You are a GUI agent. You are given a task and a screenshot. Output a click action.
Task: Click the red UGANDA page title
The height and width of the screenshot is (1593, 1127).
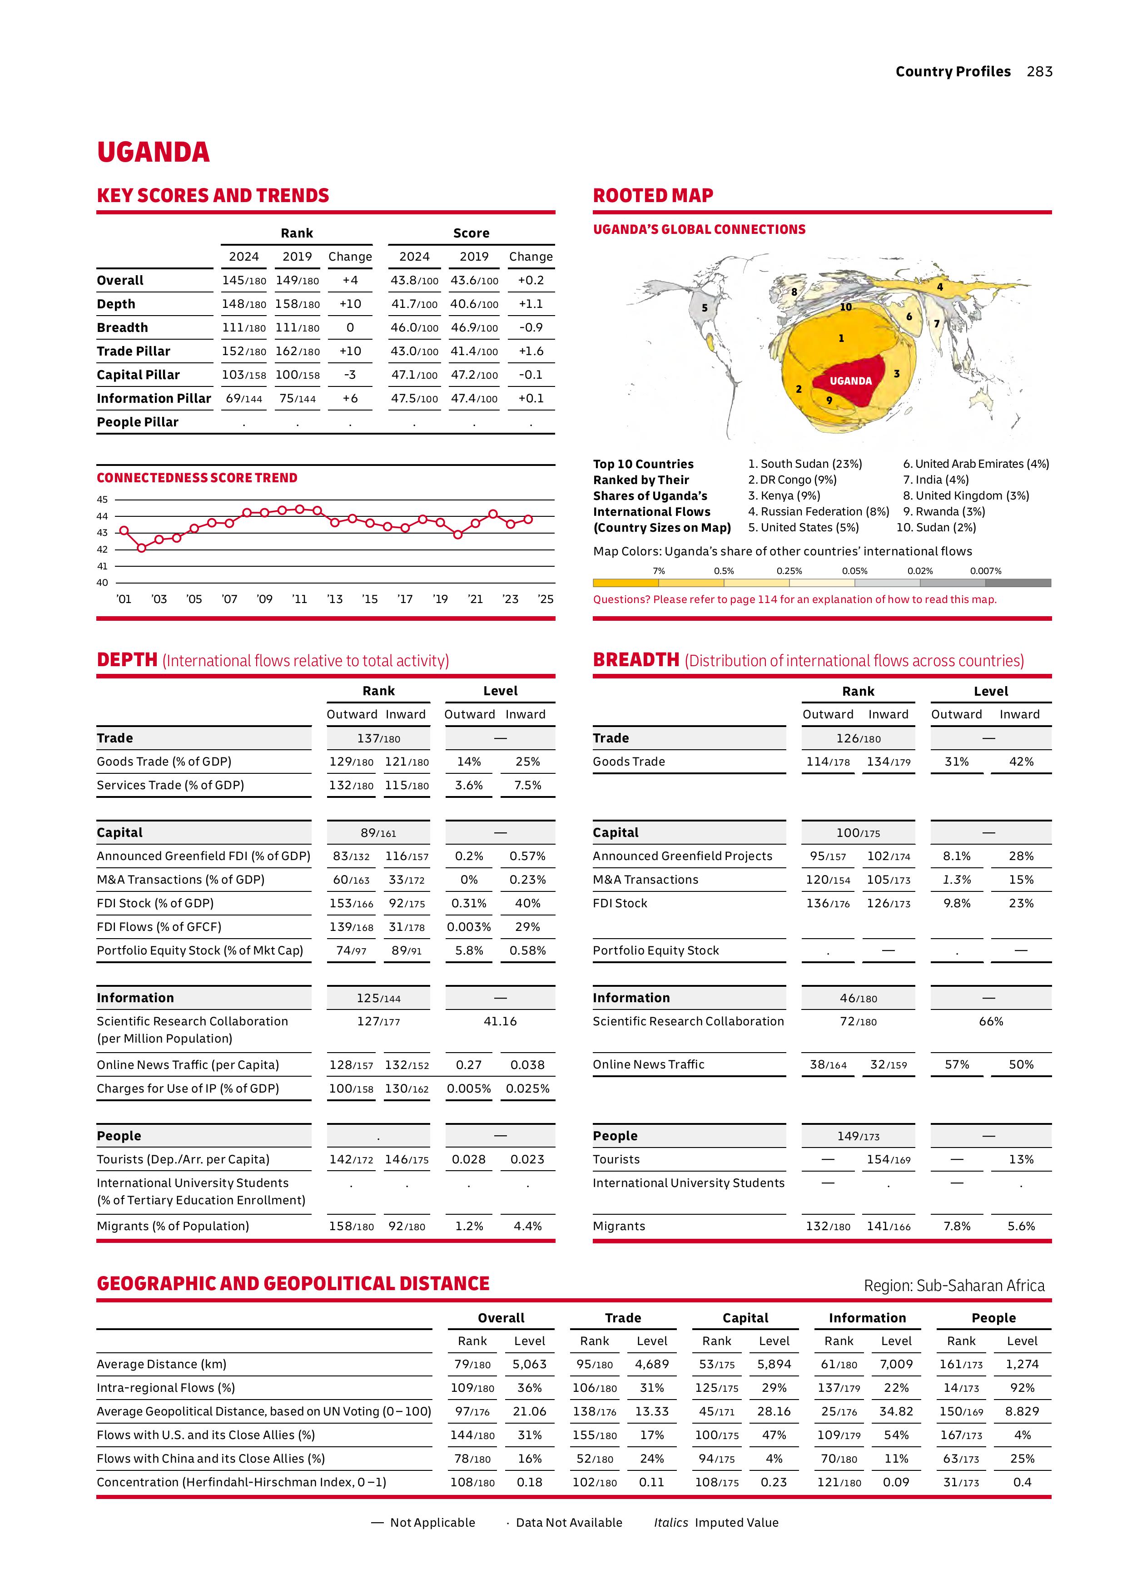click(154, 152)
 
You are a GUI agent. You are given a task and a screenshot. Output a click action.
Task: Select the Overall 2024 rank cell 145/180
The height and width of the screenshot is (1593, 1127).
click(243, 280)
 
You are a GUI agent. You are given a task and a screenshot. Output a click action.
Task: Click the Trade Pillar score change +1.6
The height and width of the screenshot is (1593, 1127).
click(531, 351)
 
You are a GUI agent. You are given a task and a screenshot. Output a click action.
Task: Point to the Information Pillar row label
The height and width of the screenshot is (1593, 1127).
click(154, 398)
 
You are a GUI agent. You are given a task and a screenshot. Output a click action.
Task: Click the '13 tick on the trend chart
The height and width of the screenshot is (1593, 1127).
click(334, 599)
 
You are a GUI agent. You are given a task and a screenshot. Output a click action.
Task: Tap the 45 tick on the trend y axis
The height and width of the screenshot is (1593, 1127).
click(102, 500)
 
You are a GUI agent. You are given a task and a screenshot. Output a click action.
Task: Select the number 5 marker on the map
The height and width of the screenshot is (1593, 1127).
click(705, 308)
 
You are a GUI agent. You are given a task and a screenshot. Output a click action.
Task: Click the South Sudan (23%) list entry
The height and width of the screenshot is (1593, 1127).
click(805, 464)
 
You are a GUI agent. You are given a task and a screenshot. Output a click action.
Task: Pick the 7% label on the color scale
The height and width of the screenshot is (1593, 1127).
click(659, 571)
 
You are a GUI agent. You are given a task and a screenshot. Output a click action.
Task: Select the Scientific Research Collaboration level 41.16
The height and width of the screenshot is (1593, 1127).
click(500, 1021)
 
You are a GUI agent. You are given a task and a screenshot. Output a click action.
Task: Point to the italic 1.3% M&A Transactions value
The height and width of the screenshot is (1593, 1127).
click(956, 879)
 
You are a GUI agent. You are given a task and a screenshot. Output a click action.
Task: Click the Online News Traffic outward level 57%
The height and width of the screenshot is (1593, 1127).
click(956, 1064)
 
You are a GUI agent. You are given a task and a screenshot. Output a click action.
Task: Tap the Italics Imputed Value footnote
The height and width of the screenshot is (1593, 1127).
click(715, 1522)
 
